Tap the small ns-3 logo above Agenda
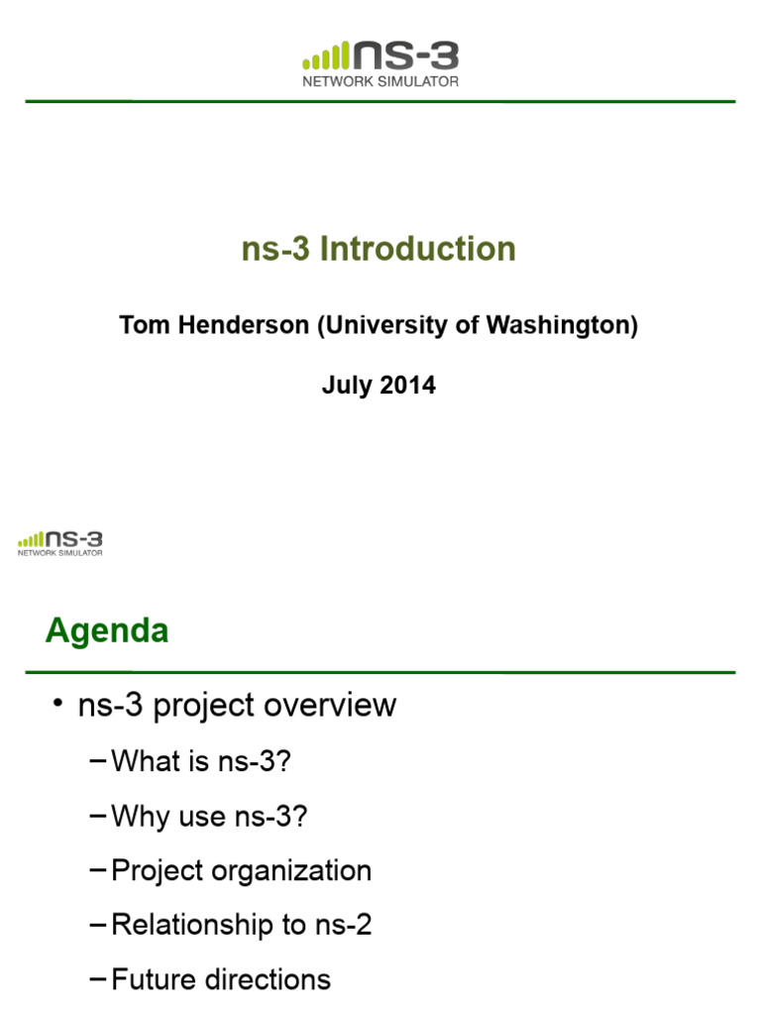pyautogui.click(x=60, y=543)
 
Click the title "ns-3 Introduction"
pyautogui.click(x=379, y=249)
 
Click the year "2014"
pyautogui.click(x=407, y=386)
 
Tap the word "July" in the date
pyautogui.click(x=346, y=386)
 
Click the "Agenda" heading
pyautogui.click(x=107, y=631)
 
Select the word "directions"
pyautogui.click(x=274, y=980)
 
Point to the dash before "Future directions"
pyautogui.click(x=96, y=979)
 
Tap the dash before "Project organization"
pyautogui.click(x=96, y=870)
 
